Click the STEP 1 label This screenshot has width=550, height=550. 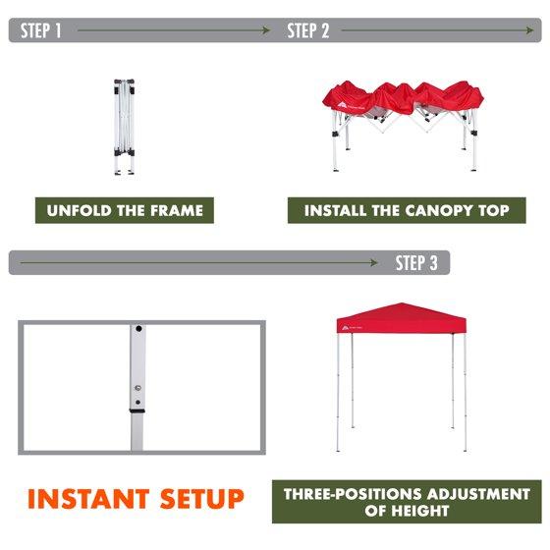(x=40, y=30)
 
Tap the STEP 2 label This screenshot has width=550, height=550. (x=308, y=30)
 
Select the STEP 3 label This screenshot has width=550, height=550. (x=416, y=263)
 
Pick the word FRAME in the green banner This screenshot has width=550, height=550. (x=177, y=210)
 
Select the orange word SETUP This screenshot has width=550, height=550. (x=201, y=499)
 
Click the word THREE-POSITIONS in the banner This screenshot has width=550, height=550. (x=354, y=494)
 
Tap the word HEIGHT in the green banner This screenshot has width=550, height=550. (x=420, y=511)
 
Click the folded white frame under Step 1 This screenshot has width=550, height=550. (x=124, y=127)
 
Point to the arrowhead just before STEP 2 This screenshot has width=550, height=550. (x=266, y=30)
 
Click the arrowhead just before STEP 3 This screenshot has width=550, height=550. (x=373, y=263)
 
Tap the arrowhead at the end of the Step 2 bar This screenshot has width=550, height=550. (x=529, y=30)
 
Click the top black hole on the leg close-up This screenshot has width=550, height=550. (x=138, y=329)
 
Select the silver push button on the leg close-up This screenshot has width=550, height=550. (x=137, y=388)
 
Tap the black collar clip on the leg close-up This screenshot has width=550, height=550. (x=137, y=411)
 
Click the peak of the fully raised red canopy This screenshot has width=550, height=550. (x=402, y=303)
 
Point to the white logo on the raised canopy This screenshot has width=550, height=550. (x=346, y=328)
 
